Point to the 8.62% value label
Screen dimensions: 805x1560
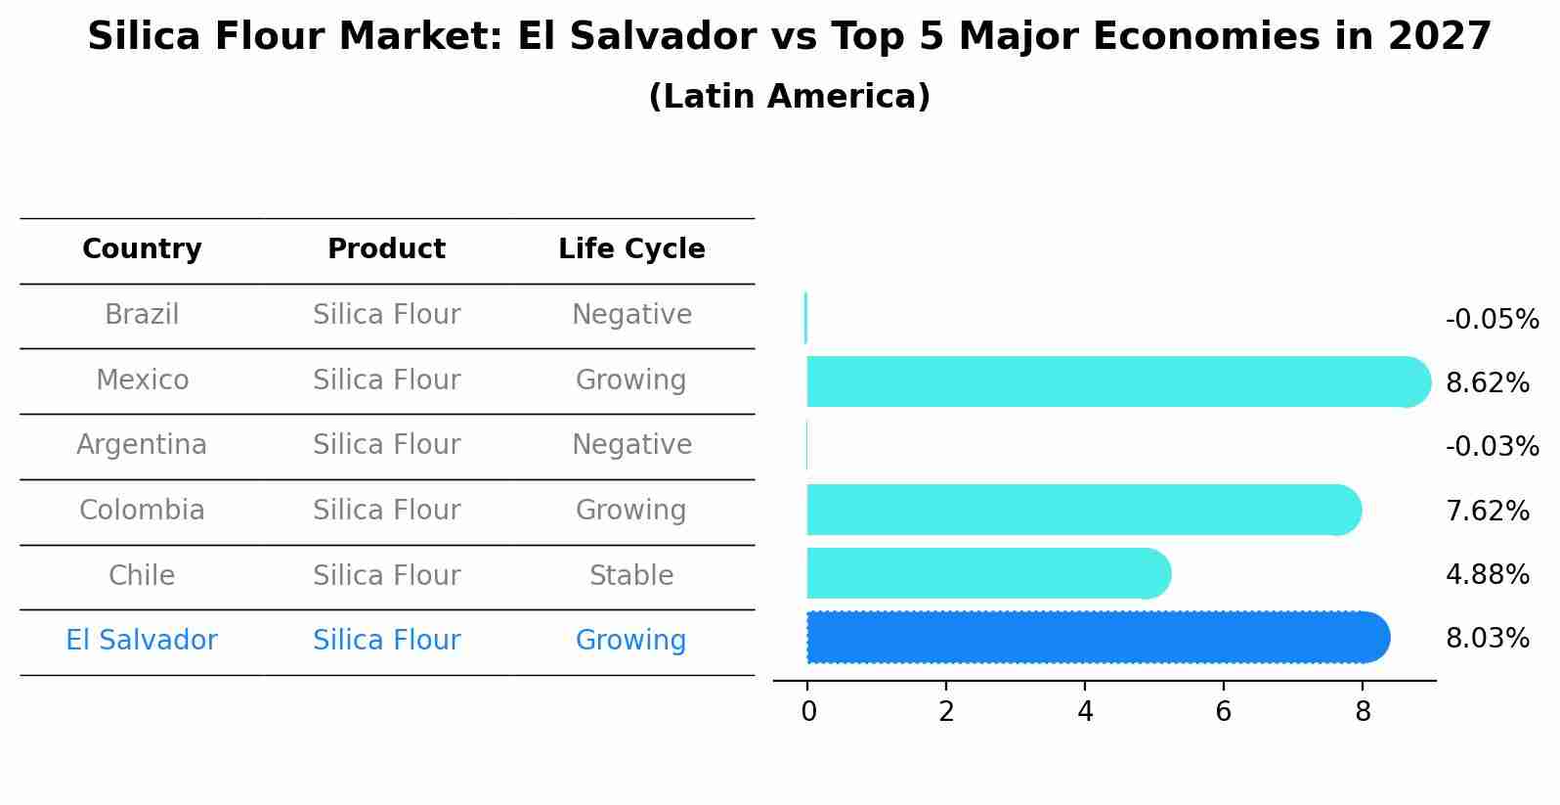(1487, 382)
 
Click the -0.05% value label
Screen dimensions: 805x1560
(1492, 320)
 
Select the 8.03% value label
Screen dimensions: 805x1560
(1487, 639)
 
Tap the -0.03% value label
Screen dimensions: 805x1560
(1492, 447)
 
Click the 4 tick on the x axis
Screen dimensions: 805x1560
(1085, 712)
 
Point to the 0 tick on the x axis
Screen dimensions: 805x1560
(808, 712)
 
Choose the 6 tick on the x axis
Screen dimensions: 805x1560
(1224, 712)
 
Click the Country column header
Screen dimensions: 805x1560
(142, 249)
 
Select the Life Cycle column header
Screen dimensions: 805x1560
(631, 249)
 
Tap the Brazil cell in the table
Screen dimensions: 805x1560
(142, 315)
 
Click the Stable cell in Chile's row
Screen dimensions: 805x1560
(631, 576)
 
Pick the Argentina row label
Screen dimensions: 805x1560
(142, 445)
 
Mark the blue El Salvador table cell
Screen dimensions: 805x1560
(142, 641)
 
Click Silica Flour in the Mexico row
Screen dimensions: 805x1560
(386, 380)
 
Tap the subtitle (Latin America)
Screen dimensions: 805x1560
(789, 97)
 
